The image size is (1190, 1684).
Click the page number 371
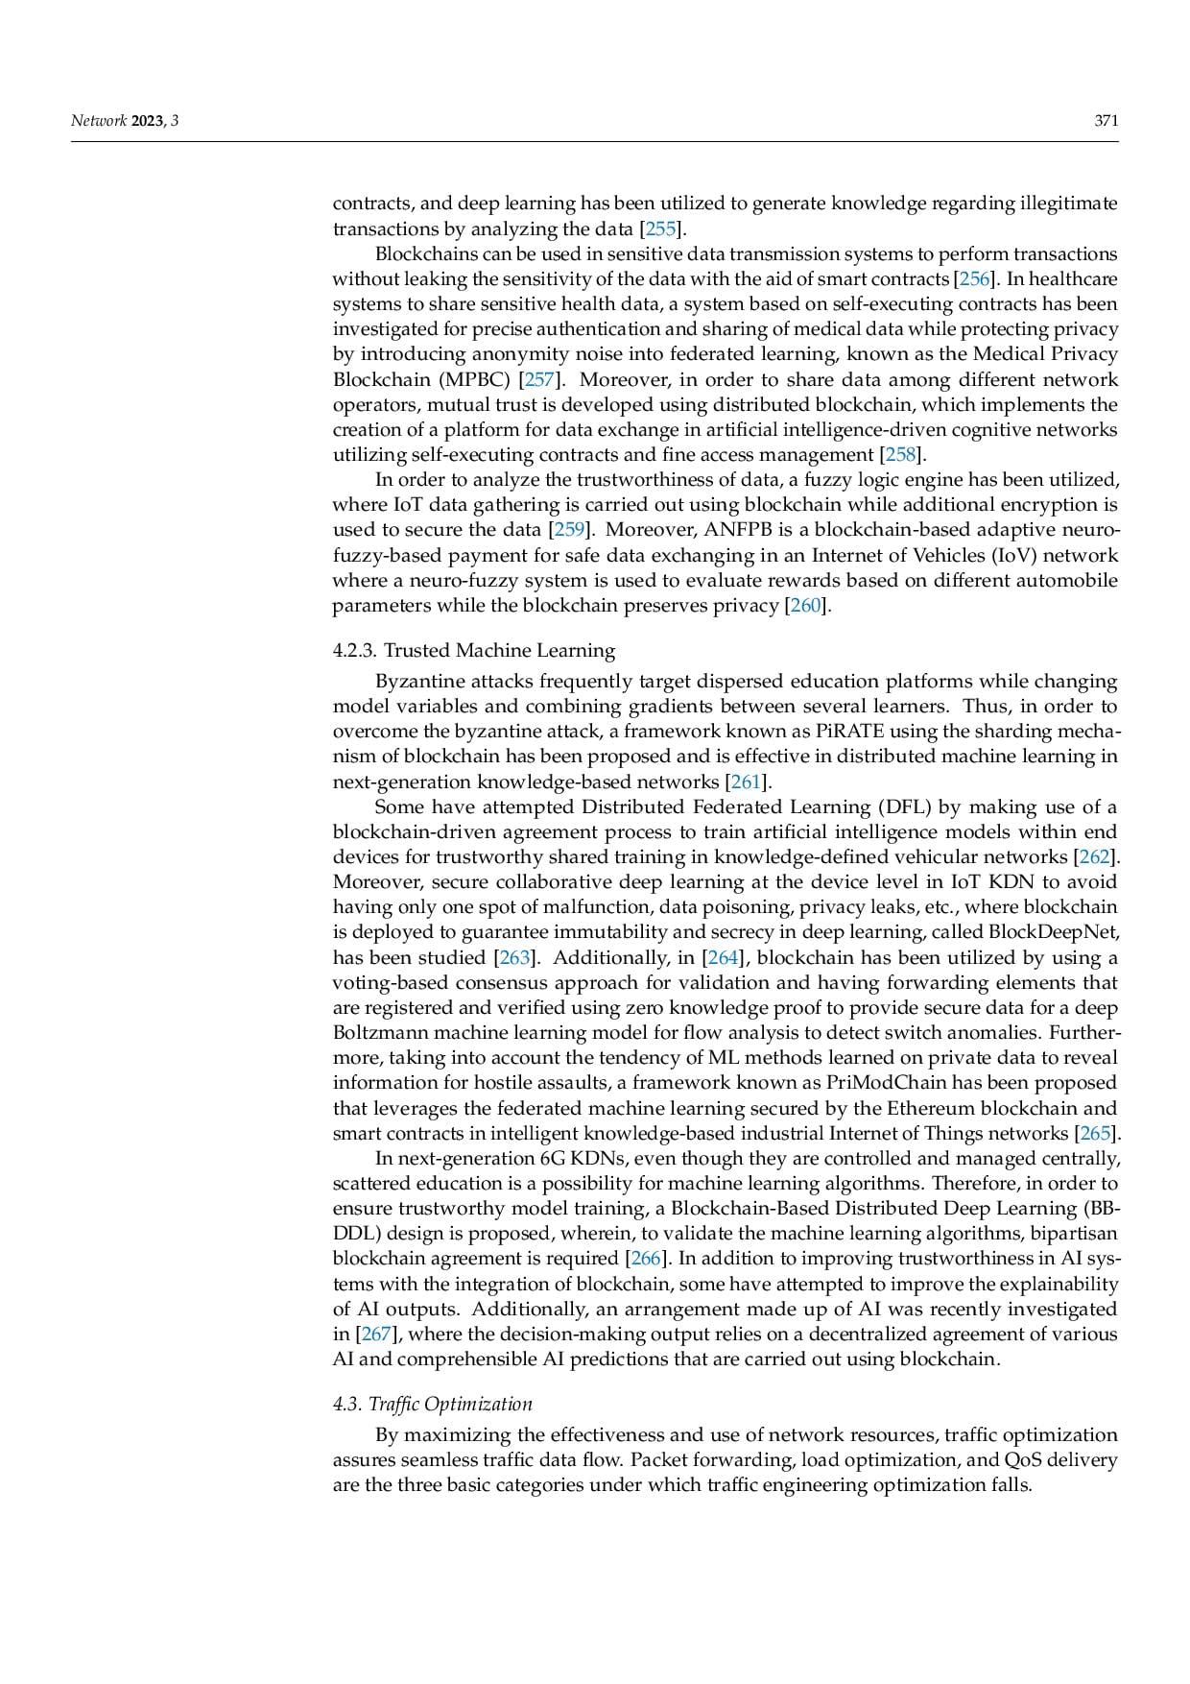(1107, 121)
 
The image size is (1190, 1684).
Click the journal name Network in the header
(99, 121)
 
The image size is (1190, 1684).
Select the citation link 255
(661, 229)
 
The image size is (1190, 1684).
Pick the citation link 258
(901, 455)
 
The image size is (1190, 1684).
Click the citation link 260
(806, 606)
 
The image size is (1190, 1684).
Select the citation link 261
(747, 782)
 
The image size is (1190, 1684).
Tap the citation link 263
(513, 957)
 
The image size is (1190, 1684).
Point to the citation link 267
(377, 1335)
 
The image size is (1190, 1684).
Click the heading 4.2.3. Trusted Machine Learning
(474, 651)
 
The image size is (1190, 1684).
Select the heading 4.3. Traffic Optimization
(432, 1405)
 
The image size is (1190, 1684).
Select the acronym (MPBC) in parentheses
(475, 379)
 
